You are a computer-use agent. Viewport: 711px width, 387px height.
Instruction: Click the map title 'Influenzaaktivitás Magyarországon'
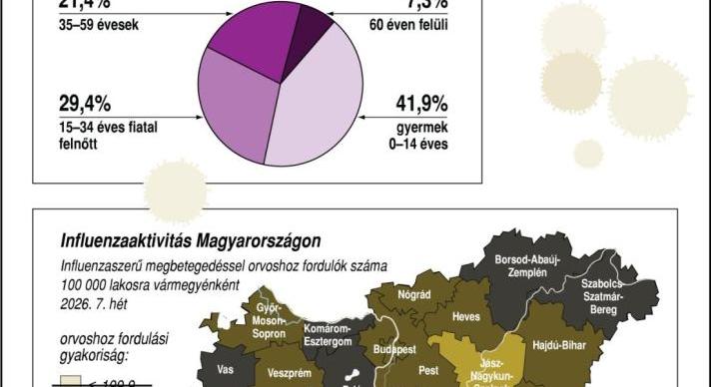tap(191, 240)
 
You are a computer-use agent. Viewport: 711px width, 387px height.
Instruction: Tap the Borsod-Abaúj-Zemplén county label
tap(526, 265)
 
